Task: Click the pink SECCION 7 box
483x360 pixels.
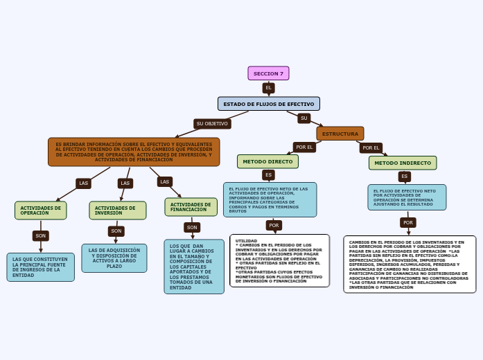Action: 268,73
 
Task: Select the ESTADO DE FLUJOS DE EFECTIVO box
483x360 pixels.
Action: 268,104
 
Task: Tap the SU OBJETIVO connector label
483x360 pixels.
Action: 212,124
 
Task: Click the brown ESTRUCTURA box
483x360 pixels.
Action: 340,134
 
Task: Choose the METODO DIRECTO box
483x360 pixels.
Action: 267,161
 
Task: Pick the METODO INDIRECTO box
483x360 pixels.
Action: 402,163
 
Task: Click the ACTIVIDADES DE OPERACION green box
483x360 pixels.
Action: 40,210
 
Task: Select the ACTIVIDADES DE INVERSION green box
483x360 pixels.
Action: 117,210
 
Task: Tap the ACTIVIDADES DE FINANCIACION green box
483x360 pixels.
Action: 191,207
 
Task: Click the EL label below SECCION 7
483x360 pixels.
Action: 268,88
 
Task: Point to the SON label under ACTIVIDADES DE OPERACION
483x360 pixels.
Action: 41,236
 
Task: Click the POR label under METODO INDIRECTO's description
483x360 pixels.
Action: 407,223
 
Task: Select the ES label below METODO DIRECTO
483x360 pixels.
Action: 268,175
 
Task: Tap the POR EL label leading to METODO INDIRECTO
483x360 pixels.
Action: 371,147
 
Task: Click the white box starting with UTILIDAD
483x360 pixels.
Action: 279,260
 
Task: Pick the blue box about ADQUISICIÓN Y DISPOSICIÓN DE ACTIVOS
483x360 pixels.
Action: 114,258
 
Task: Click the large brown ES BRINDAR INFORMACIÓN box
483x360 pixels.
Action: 134,152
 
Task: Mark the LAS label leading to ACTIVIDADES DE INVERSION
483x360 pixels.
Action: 125,183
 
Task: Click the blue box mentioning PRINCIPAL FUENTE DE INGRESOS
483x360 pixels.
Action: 40,267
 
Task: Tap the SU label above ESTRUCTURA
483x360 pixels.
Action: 304,118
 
